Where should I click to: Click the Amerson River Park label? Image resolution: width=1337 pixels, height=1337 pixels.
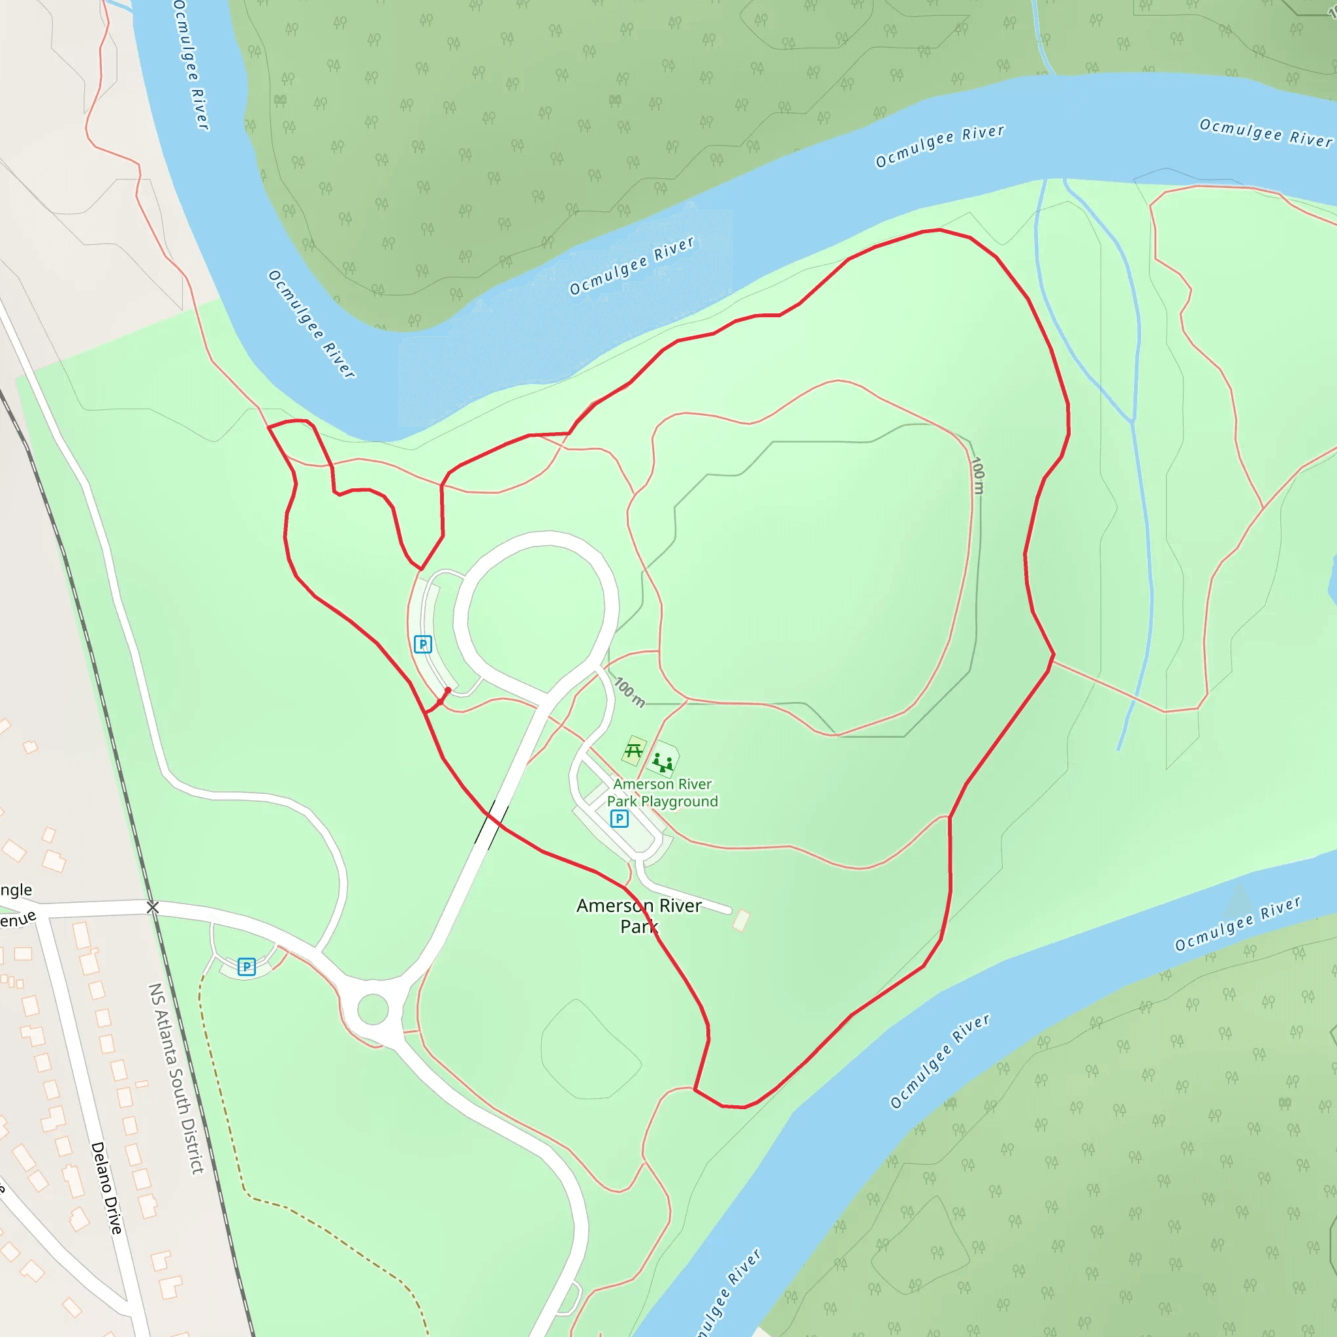pos(638,915)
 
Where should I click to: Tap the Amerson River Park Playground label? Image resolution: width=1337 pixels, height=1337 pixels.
pos(662,793)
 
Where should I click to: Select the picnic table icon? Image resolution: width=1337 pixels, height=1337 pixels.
pos(633,751)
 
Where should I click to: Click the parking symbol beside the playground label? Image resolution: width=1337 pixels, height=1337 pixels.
pos(620,819)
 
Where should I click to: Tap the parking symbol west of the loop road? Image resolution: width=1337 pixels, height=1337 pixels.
pos(423,644)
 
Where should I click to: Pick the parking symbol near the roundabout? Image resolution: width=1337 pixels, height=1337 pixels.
pos(246,967)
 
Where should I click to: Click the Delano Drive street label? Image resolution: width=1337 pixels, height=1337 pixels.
pos(106,1188)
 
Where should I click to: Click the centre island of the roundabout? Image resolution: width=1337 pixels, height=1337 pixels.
pos(373,1009)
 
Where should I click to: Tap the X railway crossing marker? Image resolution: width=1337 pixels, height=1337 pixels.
pos(153,907)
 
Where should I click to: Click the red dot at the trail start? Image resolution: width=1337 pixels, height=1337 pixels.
pos(448,691)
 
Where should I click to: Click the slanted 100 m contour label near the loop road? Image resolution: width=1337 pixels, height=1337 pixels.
pos(630,692)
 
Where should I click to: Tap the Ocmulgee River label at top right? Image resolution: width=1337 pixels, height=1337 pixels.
pos(1265,133)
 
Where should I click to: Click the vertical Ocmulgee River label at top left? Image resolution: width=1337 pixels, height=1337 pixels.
pos(191,66)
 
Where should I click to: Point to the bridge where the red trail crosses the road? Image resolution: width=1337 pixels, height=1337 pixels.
pos(492,823)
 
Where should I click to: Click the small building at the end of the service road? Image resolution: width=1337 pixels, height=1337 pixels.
pos(741,920)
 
